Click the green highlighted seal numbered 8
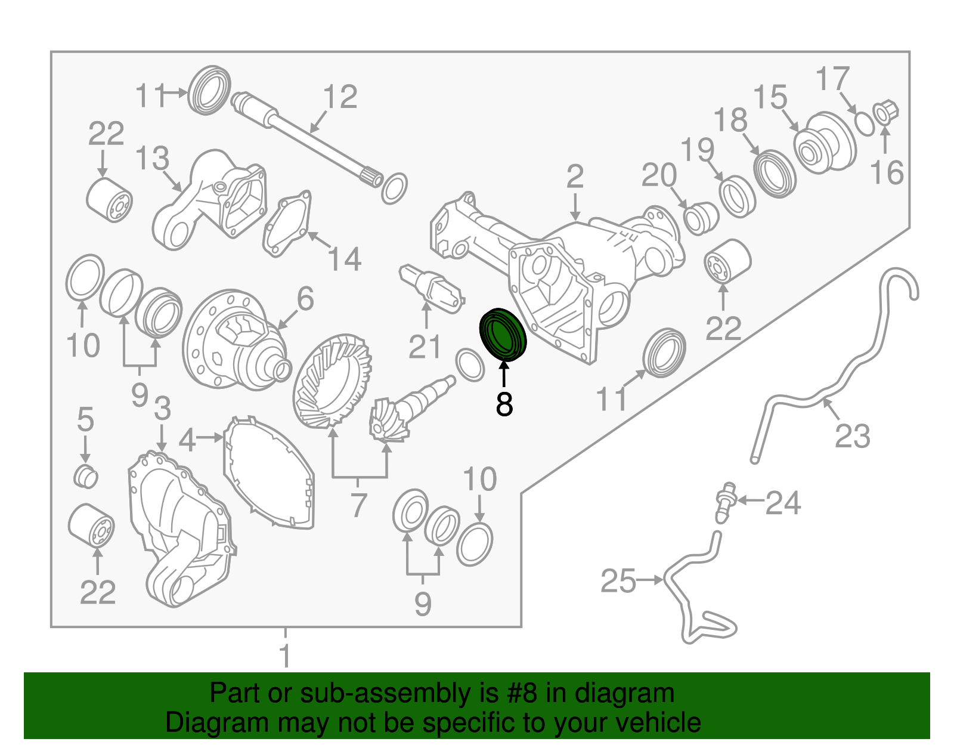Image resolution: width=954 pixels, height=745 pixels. tap(503, 335)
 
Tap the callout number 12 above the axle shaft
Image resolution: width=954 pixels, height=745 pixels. tap(340, 97)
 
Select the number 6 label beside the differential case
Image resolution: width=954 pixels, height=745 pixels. tap(305, 298)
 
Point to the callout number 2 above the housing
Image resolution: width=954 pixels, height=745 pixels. tap(575, 177)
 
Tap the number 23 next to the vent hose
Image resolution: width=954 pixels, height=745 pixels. tap(852, 436)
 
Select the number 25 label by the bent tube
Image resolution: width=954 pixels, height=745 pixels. tap(618, 581)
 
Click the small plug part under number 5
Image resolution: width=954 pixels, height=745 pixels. tap(86, 476)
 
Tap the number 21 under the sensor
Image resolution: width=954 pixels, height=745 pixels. tap(425, 347)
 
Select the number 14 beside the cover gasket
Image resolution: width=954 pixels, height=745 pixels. tap(345, 258)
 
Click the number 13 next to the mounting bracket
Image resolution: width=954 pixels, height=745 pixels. tap(152, 159)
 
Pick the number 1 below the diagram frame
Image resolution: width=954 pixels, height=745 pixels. tap(285, 655)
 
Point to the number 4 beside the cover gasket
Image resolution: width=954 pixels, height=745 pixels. tap(187, 440)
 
